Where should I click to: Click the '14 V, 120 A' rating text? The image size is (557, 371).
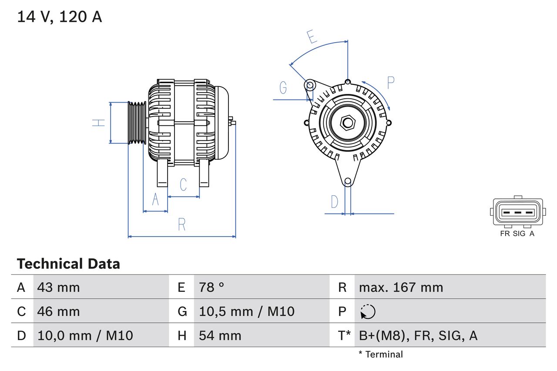point(60,17)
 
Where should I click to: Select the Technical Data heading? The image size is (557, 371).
point(68,264)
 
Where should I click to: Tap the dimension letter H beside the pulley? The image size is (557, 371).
point(99,123)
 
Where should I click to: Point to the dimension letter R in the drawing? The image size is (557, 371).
point(182,224)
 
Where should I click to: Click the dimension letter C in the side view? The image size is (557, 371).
point(183,184)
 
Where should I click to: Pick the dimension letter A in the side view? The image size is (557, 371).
point(155,200)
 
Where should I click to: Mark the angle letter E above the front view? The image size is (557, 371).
point(312,37)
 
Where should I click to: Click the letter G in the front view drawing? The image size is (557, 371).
point(283,88)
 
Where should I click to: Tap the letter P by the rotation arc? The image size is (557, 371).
point(390,82)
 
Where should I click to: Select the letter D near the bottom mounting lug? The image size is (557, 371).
point(334,202)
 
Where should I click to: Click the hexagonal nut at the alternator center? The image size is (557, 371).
point(347,123)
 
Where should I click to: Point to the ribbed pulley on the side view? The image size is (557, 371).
point(137,123)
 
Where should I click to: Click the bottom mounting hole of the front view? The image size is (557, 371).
point(348,181)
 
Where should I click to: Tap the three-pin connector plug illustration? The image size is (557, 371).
point(517,212)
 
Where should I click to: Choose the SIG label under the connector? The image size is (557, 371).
point(519,234)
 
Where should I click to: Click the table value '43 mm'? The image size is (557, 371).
point(59,287)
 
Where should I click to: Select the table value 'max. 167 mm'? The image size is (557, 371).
point(401,287)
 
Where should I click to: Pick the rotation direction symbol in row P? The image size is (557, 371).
point(368,311)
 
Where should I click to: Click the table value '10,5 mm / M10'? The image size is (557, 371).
point(247,311)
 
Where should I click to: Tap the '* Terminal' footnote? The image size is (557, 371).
point(381,354)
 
